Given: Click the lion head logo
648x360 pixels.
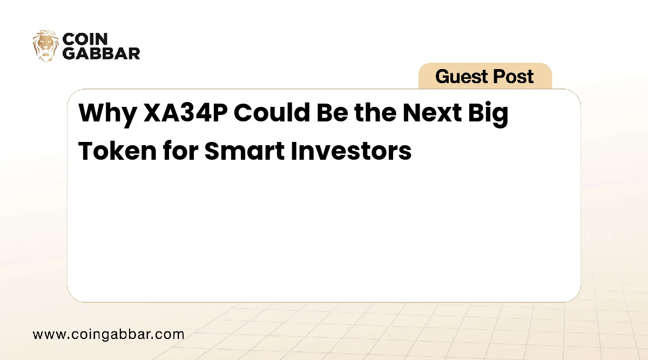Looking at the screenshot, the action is click(45, 46).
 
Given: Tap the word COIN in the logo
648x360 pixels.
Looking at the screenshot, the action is click(85, 39).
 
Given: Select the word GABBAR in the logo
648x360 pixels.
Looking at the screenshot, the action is click(102, 53).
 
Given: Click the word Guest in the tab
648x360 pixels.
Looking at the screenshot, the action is click(461, 76).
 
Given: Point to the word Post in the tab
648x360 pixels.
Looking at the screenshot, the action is click(513, 76).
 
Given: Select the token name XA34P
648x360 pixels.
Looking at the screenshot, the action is click(186, 112).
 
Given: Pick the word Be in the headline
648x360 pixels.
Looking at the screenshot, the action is click(332, 112).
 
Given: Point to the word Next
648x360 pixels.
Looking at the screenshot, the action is click(432, 112).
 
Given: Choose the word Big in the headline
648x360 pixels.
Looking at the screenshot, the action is click(488, 114).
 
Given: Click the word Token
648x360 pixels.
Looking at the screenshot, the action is click(118, 151).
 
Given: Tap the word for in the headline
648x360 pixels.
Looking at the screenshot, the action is click(180, 151).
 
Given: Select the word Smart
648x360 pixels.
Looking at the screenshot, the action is click(245, 151).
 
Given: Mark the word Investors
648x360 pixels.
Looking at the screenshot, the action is click(351, 151).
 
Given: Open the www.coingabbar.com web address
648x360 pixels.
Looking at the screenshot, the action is click(109, 335).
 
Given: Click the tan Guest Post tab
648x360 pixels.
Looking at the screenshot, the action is click(485, 76).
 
